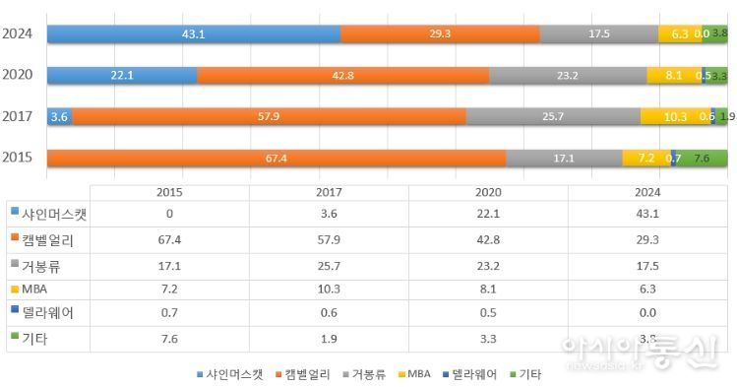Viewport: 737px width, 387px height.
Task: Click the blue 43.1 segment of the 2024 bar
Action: pyautogui.click(x=193, y=33)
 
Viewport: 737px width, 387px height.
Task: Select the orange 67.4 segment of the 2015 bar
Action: pyautogui.click(x=276, y=158)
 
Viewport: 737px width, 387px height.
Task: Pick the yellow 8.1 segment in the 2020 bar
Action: pyautogui.click(x=673, y=75)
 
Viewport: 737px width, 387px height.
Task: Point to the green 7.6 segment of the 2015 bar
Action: pyautogui.click(x=703, y=158)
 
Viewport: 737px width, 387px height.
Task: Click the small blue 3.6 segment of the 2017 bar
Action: pyautogui.click(x=59, y=116)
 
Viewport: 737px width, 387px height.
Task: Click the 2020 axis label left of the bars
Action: pyautogui.click(x=19, y=75)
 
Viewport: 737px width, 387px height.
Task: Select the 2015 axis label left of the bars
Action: pyautogui.click(x=19, y=158)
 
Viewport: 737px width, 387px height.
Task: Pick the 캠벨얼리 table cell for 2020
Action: pyautogui.click(x=489, y=240)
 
